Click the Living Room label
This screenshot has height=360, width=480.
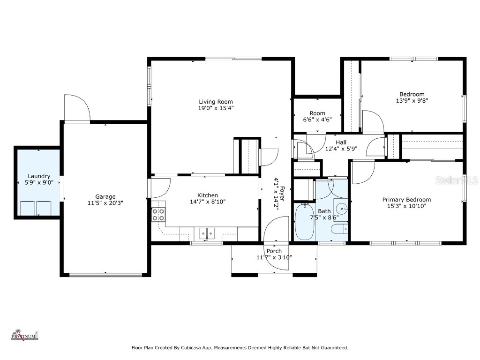pos(216,102)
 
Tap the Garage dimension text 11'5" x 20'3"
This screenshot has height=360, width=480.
pos(105,202)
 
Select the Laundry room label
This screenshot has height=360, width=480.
pos(39,176)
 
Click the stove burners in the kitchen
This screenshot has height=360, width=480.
pos(158,215)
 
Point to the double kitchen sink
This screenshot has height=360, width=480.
pos(207,233)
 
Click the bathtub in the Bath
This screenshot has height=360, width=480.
pos(304,222)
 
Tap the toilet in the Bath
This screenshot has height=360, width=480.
pos(339,229)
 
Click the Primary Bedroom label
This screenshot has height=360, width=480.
pos(406,200)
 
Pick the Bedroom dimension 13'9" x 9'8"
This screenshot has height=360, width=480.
pos(412,100)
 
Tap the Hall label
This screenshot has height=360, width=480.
pos(341,142)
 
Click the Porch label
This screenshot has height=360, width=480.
pos(274,251)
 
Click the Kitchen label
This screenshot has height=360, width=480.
pos(208,195)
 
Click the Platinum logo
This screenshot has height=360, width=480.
pos(24,335)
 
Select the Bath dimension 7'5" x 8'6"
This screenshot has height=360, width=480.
pos(324,217)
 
